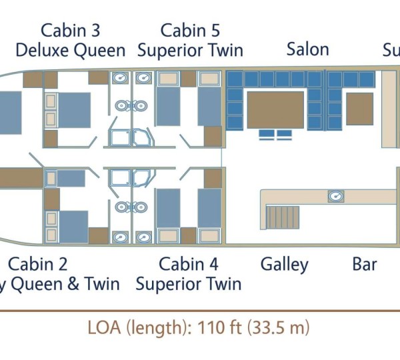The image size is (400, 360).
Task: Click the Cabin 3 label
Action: (x=71, y=31)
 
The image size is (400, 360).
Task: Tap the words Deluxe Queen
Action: (x=71, y=50)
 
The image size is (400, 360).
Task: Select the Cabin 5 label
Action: (x=190, y=31)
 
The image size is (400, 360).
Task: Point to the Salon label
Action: (x=307, y=49)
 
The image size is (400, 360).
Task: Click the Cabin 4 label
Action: (x=189, y=264)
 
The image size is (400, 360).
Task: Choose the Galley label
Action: (x=285, y=264)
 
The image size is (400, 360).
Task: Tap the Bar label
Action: (x=365, y=264)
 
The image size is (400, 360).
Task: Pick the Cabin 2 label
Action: (x=38, y=264)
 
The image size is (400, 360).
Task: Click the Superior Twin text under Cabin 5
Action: (x=190, y=50)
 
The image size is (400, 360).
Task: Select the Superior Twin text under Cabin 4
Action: (x=189, y=284)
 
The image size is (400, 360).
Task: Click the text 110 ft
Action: (x=219, y=328)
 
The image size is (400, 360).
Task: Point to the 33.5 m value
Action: (x=278, y=328)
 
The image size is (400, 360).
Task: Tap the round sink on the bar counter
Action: (x=335, y=196)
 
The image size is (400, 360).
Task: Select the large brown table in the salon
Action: (x=275, y=110)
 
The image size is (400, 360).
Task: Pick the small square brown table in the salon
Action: (x=359, y=109)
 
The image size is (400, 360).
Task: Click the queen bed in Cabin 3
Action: (x=73, y=110)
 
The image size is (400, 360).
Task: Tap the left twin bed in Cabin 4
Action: (x=168, y=208)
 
